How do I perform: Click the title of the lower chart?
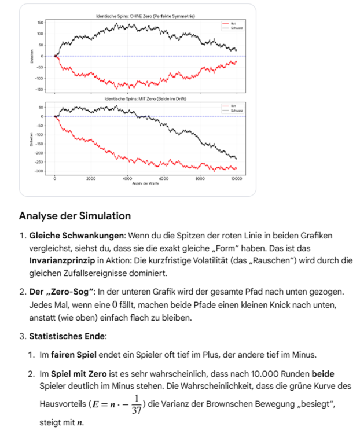[x=145, y=99]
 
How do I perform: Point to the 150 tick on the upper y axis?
[x=41, y=22]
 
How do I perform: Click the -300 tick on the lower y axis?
[x=40, y=171]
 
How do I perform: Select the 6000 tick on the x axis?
[x=163, y=179]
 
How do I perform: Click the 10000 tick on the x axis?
[x=236, y=179]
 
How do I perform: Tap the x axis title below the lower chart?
[x=145, y=183]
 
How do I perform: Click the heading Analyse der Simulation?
[x=75, y=216]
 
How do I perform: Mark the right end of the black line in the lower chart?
[x=236, y=158]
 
